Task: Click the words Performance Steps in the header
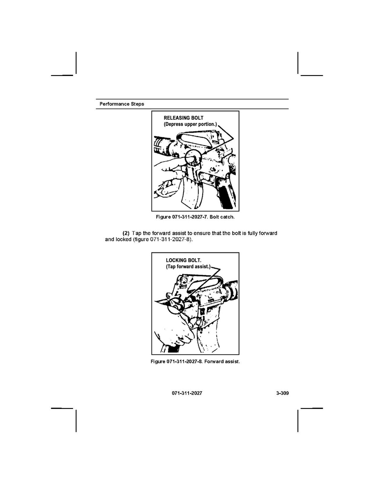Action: pos(122,104)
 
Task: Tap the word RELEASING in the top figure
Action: pos(176,118)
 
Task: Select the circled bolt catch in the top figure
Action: pos(194,157)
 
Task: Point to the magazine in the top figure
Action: pos(192,194)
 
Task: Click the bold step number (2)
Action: pos(126,233)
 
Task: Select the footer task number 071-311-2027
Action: pos(187,393)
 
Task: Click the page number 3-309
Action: pos(282,393)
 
